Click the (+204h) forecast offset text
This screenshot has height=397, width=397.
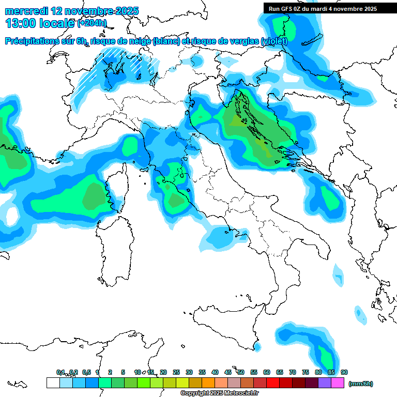pyautogui.click(x=92, y=23)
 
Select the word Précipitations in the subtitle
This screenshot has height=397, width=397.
pyautogui.click(x=38, y=41)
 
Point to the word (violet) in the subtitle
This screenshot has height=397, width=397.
pyautogui.click(x=273, y=41)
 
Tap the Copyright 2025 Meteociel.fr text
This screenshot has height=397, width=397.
pyautogui.click(x=219, y=393)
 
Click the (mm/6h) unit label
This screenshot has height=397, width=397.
pyautogui.click(x=360, y=384)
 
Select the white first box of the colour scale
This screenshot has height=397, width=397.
pyautogui.click(x=53, y=383)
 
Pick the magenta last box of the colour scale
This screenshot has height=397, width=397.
pyautogui.click(x=338, y=383)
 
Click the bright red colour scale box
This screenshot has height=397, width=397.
pyautogui.click(x=273, y=383)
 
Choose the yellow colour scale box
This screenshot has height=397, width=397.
pyautogui.click(x=182, y=383)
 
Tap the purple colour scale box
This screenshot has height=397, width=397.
pyautogui.click(x=325, y=383)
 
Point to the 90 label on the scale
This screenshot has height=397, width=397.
pyautogui.click(x=344, y=372)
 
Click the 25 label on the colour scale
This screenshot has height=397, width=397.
pyautogui.click(x=176, y=372)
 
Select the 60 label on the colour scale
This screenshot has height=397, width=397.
pyautogui.click(x=267, y=372)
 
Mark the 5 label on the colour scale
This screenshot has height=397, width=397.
pyautogui.click(x=123, y=372)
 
